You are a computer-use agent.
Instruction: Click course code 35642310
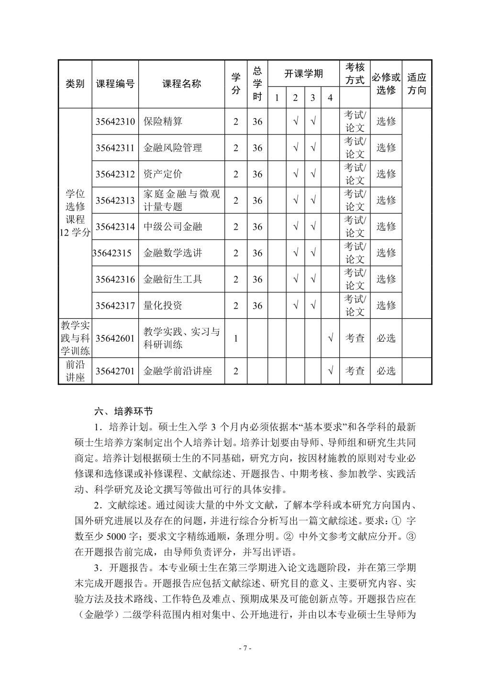pyautogui.click(x=115, y=122)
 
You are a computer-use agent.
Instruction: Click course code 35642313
pyautogui.click(x=115, y=201)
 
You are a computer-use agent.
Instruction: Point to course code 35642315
pyautogui.click(x=112, y=253)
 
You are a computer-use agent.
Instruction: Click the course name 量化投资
pyautogui.click(x=163, y=306)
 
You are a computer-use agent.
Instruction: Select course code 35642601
pyautogui.click(x=115, y=338)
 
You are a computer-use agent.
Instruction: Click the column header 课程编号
pyautogui.click(x=115, y=84)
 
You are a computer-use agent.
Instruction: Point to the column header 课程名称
pyautogui.click(x=181, y=84)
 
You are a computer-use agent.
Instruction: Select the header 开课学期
pyautogui.click(x=303, y=73)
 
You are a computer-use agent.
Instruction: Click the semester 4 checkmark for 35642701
pyautogui.click(x=330, y=371)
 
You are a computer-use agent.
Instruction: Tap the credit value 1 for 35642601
pyautogui.click(x=236, y=338)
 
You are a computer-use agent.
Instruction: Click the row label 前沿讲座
pyautogui.click(x=75, y=371)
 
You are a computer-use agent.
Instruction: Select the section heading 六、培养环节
pyautogui.click(x=123, y=411)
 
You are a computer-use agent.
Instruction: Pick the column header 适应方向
pyautogui.click(x=416, y=84)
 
